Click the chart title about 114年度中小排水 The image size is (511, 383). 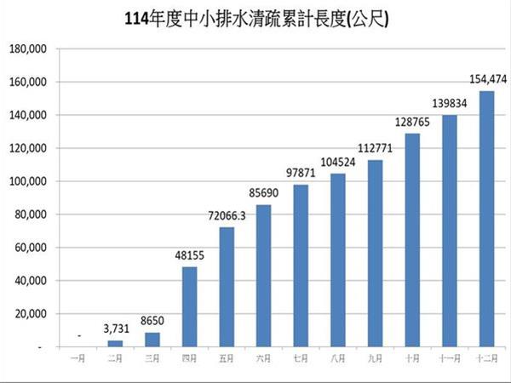coord(255,18)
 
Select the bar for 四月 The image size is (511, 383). coord(189,306)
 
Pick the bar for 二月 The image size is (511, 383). coord(115,344)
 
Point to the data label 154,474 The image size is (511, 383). coord(489,79)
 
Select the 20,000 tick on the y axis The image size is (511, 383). coord(29,314)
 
